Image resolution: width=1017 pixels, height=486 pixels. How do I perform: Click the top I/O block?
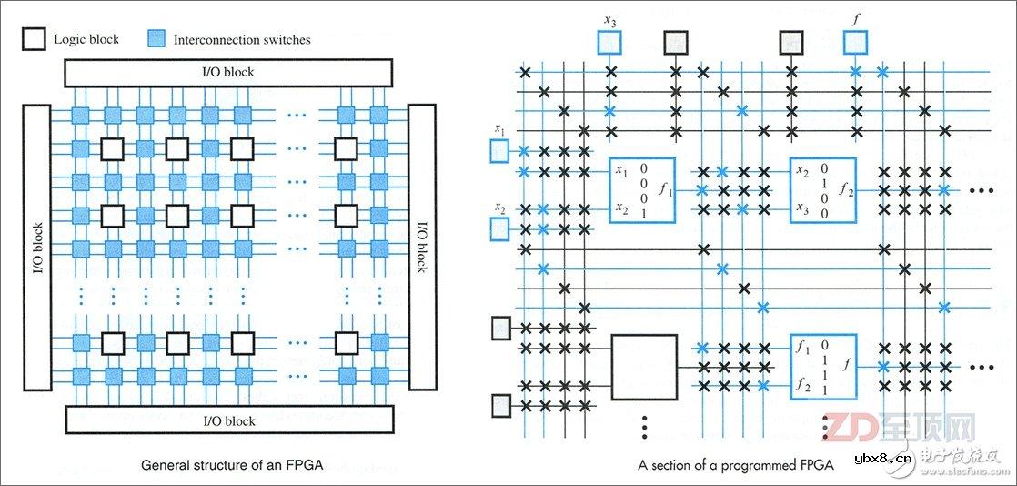click(227, 72)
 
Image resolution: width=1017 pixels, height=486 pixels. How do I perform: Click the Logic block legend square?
click(34, 39)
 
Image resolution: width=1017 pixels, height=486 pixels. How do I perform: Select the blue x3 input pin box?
click(609, 42)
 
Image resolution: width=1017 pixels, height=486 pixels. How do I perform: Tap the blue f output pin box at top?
click(855, 42)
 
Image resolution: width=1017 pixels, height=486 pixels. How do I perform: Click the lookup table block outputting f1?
click(642, 190)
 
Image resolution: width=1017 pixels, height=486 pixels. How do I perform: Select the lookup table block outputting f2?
click(822, 190)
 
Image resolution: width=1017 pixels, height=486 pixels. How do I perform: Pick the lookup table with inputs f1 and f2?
click(822, 367)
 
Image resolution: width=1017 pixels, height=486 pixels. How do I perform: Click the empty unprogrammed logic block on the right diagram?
click(644, 367)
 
